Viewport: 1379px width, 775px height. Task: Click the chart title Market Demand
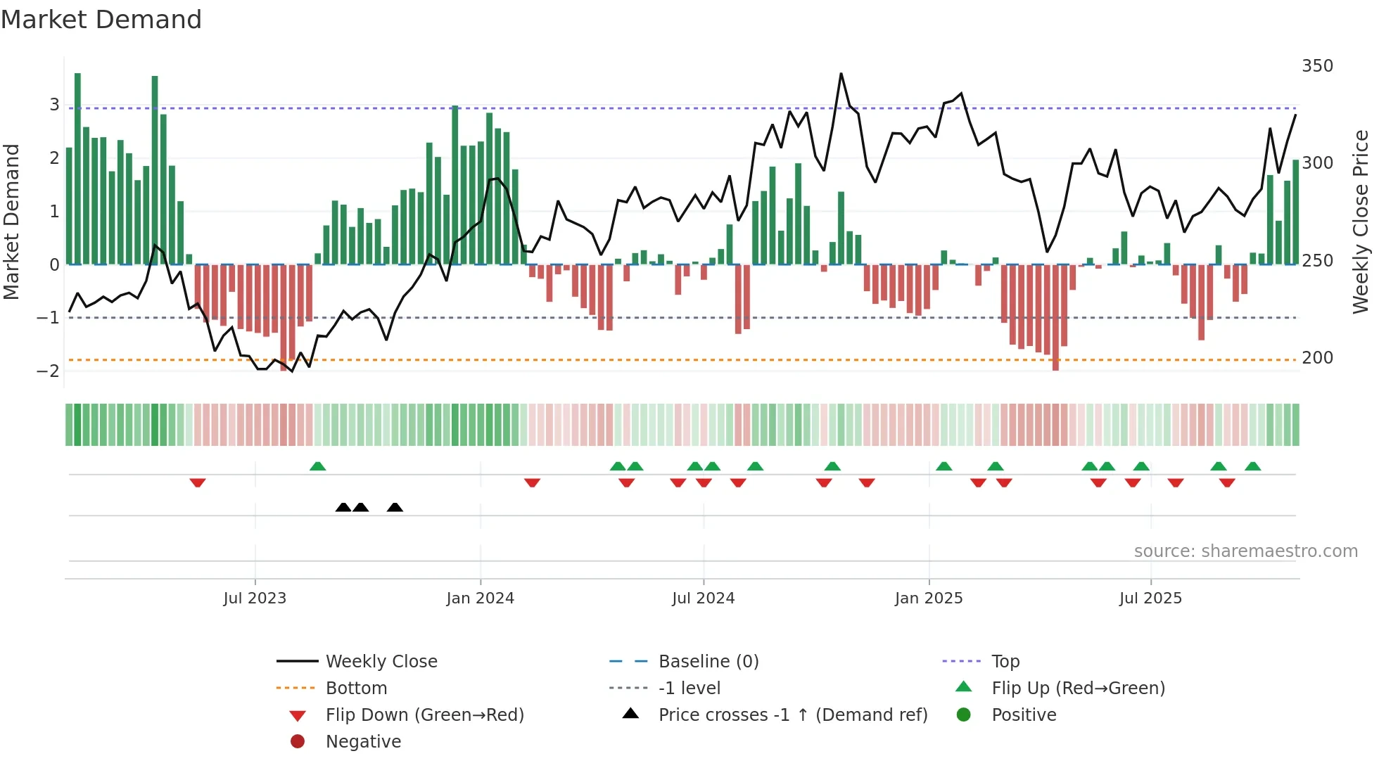(101, 20)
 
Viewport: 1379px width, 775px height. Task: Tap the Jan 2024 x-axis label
(481, 598)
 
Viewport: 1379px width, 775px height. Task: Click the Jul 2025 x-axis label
(1150, 598)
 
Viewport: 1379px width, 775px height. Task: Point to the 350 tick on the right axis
(1317, 66)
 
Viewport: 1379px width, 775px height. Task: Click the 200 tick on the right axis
(1317, 358)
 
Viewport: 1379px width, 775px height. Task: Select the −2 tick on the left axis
(48, 371)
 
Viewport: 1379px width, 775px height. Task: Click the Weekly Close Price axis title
(1361, 222)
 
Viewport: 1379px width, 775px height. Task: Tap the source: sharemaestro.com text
(1245, 551)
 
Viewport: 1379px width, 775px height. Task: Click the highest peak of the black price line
(841, 74)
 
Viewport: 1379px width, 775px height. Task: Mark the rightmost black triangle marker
(395, 508)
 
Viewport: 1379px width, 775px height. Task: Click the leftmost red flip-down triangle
(198, 482)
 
